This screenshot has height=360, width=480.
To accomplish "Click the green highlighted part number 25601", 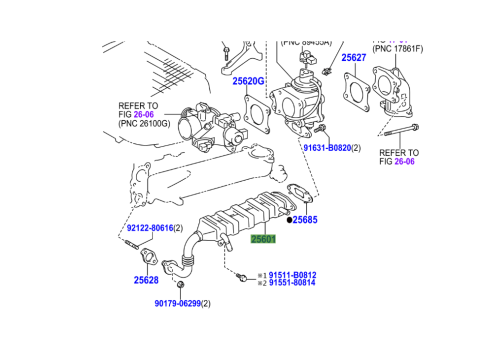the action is (264, 239).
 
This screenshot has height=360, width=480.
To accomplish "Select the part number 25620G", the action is (248, 81).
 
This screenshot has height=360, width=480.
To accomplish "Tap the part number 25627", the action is (354, 58).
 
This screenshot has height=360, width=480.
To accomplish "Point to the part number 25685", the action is (305, 219).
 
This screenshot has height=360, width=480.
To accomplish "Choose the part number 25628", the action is (146, 281).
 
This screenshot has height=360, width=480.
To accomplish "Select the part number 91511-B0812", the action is (292, 274).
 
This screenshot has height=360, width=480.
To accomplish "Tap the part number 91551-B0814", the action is (292, 283).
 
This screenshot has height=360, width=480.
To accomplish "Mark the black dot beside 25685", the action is (289, 219).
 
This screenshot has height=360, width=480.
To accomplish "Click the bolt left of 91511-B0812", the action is (243, 275).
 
